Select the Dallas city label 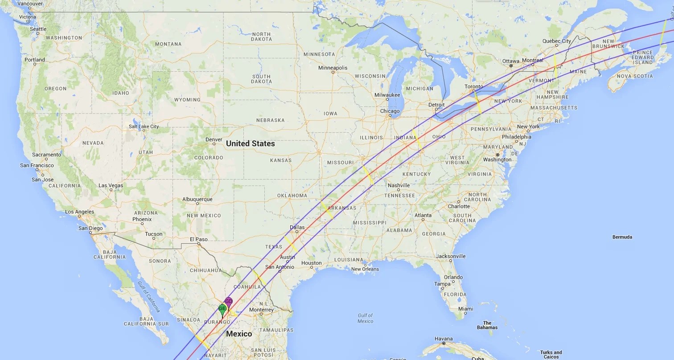[297, 228]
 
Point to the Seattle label [38, 29]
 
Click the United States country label [250, 143]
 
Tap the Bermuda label [622, 237]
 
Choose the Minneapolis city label [333, 68]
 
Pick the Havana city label [444, 339]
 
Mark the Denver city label [214, 139]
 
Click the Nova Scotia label [635, 76]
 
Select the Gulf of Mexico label [365, 318]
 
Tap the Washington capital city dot [497, 155]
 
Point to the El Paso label [198, 239]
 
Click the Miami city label [465, 309]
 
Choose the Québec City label [556, 41]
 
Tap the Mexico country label [239, 334]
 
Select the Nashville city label [399, 185]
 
